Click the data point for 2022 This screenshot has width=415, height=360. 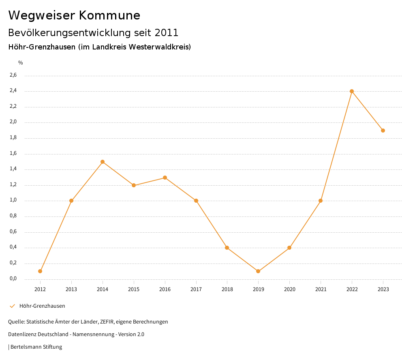(352, 91)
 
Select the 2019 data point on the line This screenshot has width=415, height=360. (258, 271)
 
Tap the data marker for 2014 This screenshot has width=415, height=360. (103, 162)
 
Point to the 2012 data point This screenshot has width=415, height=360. (40, 271)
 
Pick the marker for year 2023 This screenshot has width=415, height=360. (383, 131)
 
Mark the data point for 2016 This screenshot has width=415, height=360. (165, 178)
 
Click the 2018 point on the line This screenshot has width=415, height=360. (227, 248)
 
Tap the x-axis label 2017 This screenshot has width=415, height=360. (196, 289)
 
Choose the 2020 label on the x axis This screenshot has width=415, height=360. (289, 289)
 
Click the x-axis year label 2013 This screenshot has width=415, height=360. (71, 289)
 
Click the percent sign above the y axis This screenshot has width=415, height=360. (21, 63)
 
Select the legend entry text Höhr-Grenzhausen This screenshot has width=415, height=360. (42, 306)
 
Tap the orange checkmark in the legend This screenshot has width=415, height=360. (12, 306)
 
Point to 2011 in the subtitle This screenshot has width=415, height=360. (166, 32)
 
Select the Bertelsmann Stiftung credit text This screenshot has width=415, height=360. (36, 347)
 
